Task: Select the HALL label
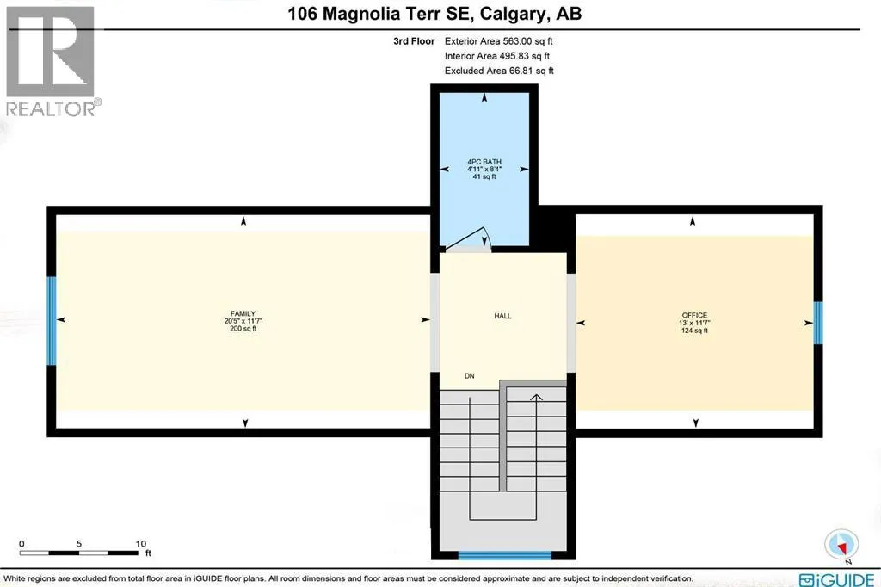click(x=502, y=316)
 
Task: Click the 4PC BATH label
click(x=484, y=161)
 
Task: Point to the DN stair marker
click(x=469, y=376)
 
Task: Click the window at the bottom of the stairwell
click(x=503, y=555)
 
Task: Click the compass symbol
click(x=841, y=543)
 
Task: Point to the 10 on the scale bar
click(x=141, y=544)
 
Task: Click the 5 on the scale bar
click(x=79, y=544)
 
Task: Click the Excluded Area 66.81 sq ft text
click(x=499, y=71)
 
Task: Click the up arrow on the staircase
click(x=536, y=398)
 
